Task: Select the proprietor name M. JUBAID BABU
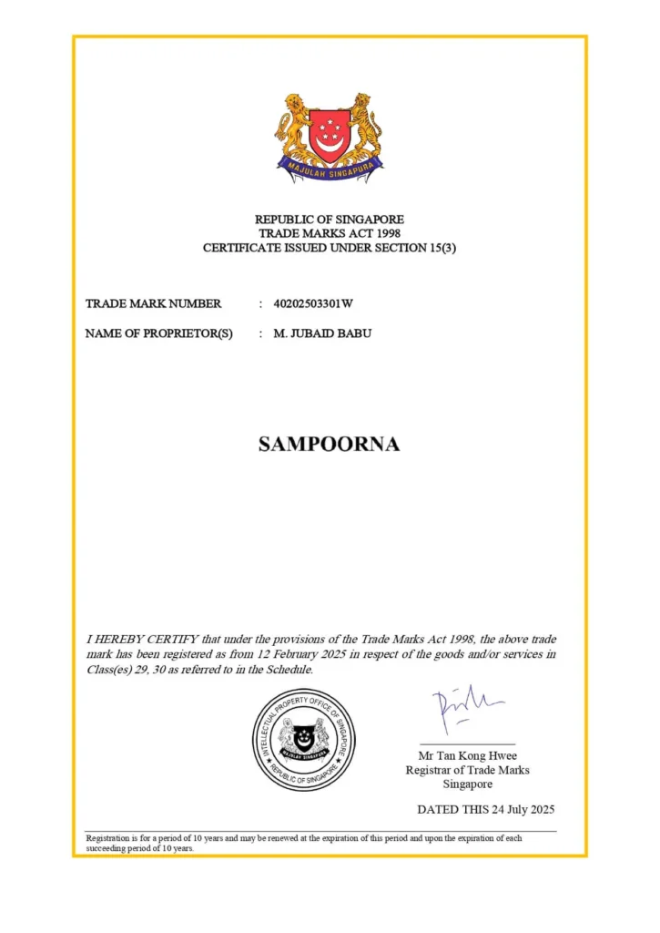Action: click(322, 333)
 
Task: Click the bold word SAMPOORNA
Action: click(329, 445)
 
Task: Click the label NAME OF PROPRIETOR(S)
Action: click(159, 333)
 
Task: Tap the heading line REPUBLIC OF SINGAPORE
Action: click(329, 220)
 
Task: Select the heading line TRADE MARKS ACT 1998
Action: click(329, 233)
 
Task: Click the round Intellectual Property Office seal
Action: click(303, 739)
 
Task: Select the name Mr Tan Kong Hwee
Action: click(467, 756)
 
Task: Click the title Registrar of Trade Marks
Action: click(467, 770)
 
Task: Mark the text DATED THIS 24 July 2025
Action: click(485, 809)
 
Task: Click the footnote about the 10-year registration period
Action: click(304, 843)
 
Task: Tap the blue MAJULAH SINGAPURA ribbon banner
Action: click(329, 168)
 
